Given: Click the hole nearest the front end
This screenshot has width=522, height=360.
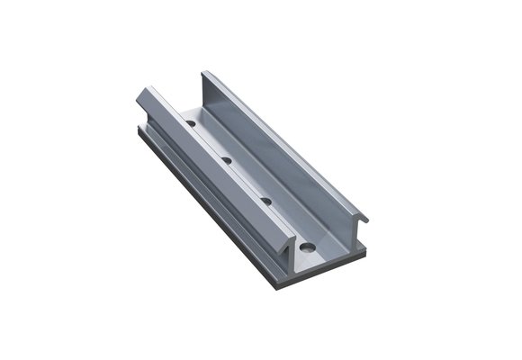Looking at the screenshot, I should coord(307,245).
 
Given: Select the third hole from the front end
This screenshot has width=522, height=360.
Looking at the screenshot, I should coord(227,161).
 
